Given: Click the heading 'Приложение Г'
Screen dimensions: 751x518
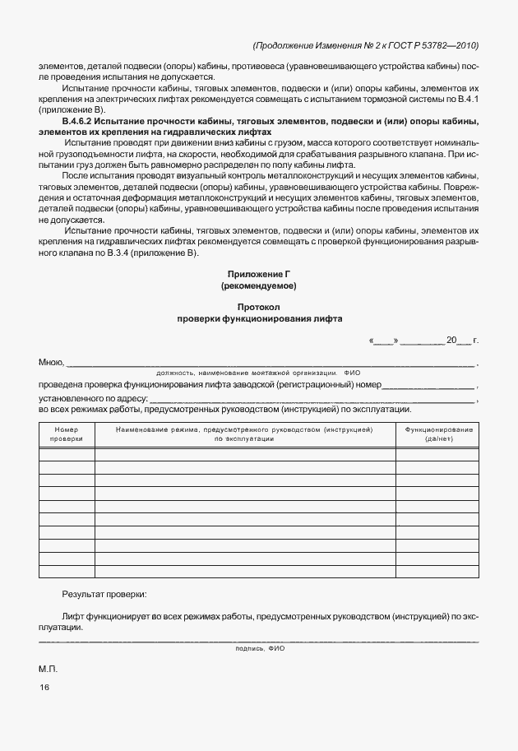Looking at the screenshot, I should (259, 273).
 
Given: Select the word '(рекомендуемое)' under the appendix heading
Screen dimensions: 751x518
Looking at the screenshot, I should (259, 286).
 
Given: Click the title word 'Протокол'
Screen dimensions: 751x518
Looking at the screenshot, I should (259, 306).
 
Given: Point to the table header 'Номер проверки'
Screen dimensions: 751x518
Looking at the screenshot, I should (67, 434).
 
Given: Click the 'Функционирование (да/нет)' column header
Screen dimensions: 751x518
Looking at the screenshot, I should (436, 434).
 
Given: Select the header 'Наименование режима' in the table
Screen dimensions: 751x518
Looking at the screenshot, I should (245, 434).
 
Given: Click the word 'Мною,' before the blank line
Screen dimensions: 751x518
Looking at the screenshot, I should (51, 362).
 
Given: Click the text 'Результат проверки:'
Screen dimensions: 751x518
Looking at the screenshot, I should (104, 593).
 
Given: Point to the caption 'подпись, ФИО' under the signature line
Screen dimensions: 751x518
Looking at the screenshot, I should (259, 648).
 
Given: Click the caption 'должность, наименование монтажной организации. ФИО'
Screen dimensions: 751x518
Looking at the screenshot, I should (259, 373).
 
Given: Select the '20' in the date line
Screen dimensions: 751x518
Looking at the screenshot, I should (451, 340).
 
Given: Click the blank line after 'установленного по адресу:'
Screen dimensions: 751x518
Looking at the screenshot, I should (312, 399).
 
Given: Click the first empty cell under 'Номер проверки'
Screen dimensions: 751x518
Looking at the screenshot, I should (67, 453).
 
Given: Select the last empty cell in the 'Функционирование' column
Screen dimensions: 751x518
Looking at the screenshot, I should (436, 571).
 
